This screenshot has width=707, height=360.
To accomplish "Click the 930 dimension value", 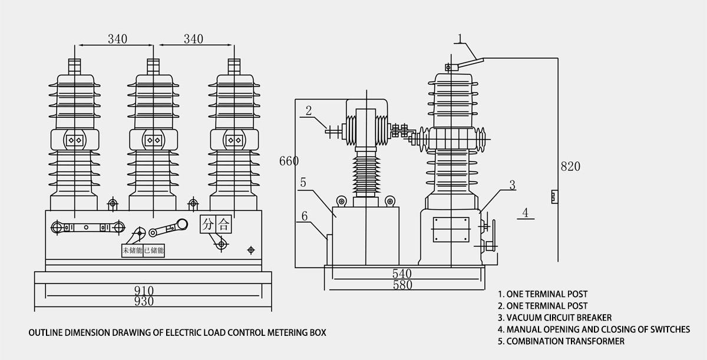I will coord(143,301).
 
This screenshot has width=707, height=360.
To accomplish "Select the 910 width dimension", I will coord(143,290).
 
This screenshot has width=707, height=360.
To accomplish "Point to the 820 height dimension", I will coord(570,166).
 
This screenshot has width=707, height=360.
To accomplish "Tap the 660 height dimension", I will coord(289,161).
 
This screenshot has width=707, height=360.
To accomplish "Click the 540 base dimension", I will coord(402,274).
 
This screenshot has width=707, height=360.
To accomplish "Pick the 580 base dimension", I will coord(402,285).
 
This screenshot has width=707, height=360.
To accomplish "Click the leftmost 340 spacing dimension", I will coord(118,39).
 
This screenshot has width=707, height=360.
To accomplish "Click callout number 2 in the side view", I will coord(309,110).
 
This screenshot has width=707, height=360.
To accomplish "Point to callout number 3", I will coord(512,185).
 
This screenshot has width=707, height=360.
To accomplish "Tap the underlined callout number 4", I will coord(526,212).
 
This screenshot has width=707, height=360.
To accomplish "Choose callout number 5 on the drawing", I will coord(303,183).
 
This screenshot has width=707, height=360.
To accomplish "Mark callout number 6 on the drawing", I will coord(305,216).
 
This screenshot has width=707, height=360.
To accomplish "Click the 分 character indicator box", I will coord(208,224).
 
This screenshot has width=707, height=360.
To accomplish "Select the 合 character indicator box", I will coord(223,224).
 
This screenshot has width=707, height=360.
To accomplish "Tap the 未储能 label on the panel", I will coord(132,250).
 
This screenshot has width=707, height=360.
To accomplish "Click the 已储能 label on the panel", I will coord(154,250).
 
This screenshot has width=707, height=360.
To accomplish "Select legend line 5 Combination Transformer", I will coord(561,341).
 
